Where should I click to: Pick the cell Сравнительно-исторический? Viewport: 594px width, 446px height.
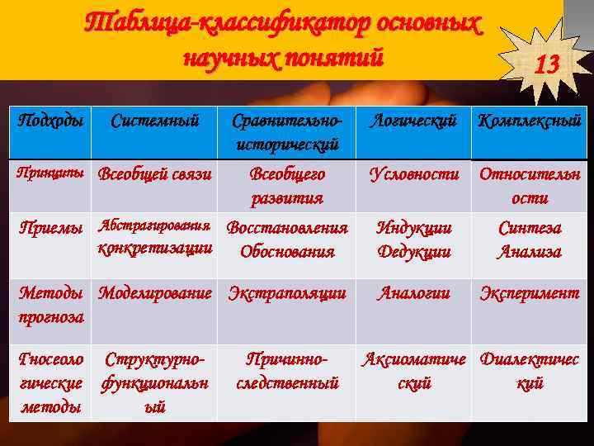(x=286, y=132)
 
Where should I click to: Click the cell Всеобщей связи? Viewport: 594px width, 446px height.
(x=155, y=174)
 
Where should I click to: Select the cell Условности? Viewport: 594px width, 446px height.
(x=413, y=174)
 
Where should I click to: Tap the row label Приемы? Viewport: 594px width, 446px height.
(x=51, y=228)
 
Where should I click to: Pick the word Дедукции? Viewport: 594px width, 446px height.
(x=413, y=251)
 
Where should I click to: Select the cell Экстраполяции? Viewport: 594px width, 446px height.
(x=286, y=292)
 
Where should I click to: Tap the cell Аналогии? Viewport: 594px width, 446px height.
(x=413, y=292)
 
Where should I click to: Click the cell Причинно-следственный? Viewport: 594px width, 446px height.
(x=286, y=371)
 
